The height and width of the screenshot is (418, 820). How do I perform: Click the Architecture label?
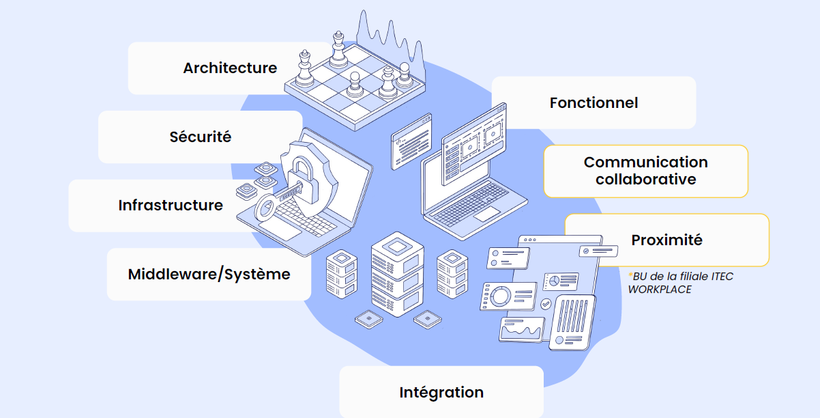[x=230, y=68]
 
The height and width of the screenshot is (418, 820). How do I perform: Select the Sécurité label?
[x=201, y=137]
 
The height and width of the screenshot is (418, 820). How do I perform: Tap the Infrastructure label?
[x=171, y=205]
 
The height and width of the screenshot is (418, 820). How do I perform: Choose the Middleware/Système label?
[x=209, y=274]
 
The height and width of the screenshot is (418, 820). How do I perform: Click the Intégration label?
[x=441, y=392]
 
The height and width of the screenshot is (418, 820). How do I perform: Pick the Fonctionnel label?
[x=594, y=102]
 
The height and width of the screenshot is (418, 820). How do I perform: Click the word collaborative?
[x=645, y=179]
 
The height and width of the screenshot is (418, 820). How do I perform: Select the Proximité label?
[x=667, y=240]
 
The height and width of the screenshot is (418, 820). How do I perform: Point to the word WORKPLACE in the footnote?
[x=659, y=289]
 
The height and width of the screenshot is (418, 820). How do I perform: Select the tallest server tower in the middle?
[x=397, y=273]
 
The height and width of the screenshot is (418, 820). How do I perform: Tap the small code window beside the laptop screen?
[x=411, y=141]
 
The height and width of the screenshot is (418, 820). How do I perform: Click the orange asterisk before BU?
[x=630, y=275]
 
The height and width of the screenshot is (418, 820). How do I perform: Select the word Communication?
[x=645, y=163]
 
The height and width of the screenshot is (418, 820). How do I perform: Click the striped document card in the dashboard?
[x=572, y=321]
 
